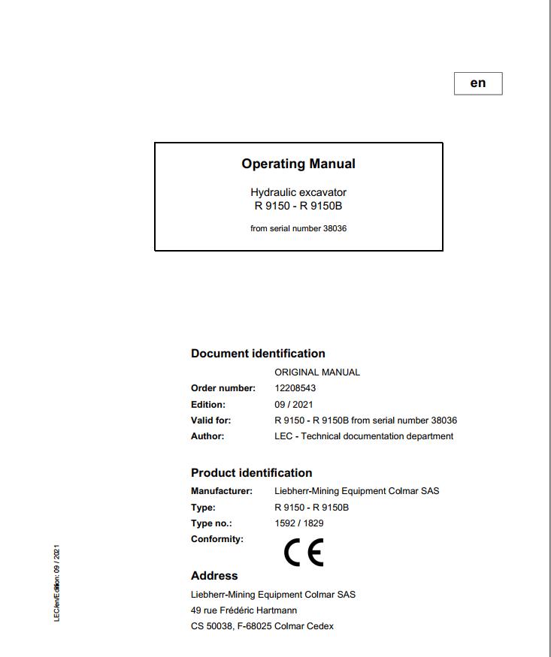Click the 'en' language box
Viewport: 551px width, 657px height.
[478, 83]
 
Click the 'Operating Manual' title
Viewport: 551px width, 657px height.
[298, 164]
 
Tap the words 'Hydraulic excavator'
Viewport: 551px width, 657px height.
[298, 192]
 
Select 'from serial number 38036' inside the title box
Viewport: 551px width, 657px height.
[298, 228]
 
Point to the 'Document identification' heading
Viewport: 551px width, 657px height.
[258, 354]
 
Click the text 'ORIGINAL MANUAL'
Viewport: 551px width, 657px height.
[317, 372]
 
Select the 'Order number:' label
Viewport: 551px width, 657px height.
[223, 388]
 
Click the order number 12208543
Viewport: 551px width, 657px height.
[295, 388]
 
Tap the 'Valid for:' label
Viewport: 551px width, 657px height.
[211, 420]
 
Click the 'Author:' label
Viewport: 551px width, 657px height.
[207, 436]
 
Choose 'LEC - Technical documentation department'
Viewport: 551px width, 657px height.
[364, 436]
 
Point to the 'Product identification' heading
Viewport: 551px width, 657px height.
[251, 473]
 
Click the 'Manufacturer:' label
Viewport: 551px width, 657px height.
[222, 491]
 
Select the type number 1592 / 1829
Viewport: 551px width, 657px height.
[299, 523]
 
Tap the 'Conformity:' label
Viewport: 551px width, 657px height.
[217, 539]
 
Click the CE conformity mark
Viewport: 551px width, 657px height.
[304, 553]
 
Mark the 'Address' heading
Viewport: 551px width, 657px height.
[214, 576]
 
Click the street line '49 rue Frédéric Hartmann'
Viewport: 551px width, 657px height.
[244, 610]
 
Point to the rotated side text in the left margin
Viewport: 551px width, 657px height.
[57, 583]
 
